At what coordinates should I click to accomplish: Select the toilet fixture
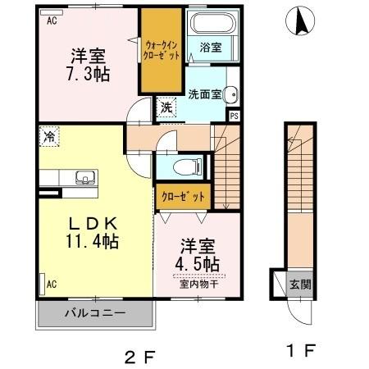[188, 167]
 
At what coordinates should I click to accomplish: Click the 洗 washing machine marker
[166, 107]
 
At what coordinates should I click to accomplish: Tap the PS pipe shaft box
[234, 116]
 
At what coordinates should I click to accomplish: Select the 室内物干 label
[199, 285]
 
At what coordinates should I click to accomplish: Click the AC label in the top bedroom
[52, 21]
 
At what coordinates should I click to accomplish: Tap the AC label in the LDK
[51, 285]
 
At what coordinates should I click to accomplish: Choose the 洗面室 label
[205, 93]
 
